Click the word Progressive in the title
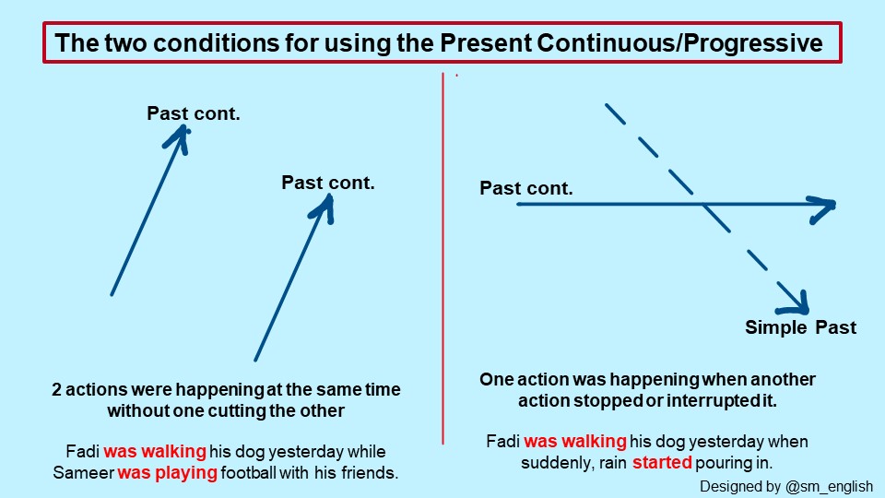753,43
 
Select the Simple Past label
800,327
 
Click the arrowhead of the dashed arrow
795,303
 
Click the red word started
662,462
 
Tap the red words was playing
167,472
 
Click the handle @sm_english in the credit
829,486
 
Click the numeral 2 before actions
56,389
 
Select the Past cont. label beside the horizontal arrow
526,188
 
